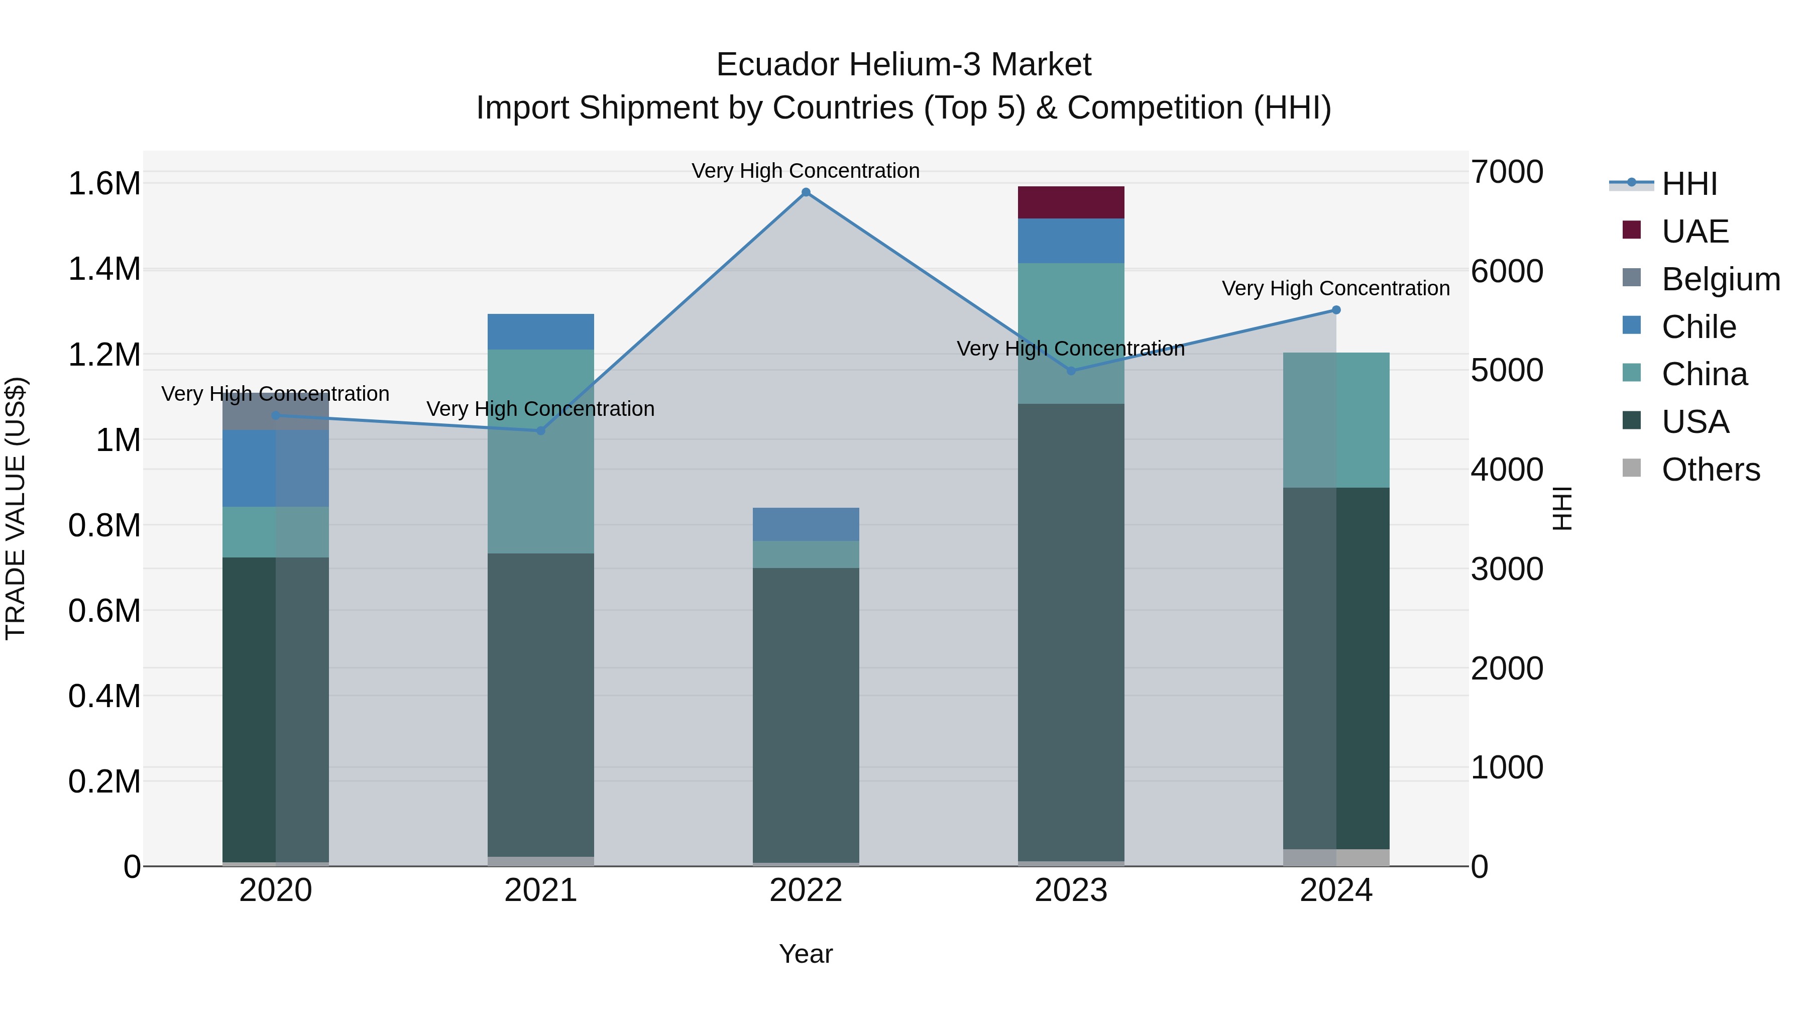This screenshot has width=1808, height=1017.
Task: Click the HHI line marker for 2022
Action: [806, 192]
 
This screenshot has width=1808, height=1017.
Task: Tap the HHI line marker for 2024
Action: [1335, 309]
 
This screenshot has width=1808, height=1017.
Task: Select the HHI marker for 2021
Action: [540, 430]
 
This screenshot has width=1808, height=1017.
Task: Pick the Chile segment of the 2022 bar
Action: [806, 524]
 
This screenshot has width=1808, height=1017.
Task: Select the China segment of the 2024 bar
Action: [1335, 420]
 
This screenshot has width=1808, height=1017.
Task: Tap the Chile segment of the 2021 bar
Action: [540, 331]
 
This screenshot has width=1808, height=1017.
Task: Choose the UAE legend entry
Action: [1694, 231]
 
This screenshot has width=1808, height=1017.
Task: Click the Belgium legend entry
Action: [1720, 279]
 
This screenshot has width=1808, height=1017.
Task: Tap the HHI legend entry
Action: [1688, 184]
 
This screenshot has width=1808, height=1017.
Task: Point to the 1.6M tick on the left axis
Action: [104, 184]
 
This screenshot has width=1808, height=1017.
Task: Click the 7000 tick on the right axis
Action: [1507, 172]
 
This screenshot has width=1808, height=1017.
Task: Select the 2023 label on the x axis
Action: [1071, 890]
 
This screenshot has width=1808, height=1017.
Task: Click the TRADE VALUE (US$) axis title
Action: [16, 508]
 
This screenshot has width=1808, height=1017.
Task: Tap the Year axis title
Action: [806, 954]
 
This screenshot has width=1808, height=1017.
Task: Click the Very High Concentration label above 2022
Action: [806, 171]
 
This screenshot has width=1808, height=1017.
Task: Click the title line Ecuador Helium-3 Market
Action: [903, 65]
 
